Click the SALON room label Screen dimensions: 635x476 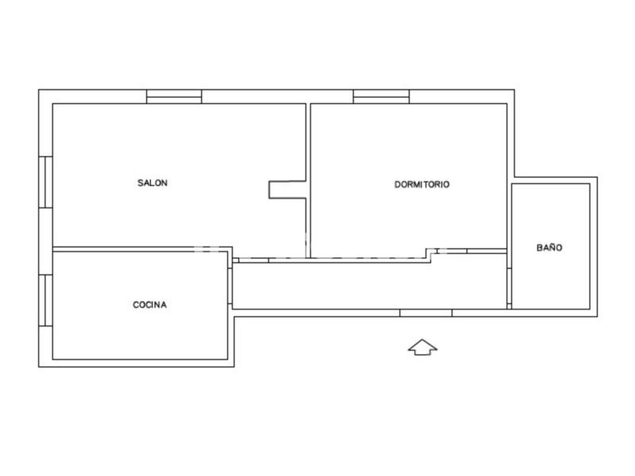(152, 183)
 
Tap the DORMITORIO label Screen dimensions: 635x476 (422, 185)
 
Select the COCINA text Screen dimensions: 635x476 (150, 305)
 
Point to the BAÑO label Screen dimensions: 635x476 (549, 248)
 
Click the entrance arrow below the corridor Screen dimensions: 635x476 (422, 347)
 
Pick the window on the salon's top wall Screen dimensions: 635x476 (174, 97)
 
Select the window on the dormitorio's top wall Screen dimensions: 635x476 (381, 97)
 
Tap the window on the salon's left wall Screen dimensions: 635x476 (46, 182)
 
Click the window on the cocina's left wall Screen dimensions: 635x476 (46, 301)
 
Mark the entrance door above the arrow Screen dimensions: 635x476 (426, 313)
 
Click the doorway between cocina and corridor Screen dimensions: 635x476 (229, 286)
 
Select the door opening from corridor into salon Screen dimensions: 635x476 (254, 260)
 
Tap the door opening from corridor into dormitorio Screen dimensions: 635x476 (452, 251)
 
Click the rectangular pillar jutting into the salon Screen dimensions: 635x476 (287, 190)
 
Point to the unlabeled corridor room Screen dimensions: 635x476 (369, 286)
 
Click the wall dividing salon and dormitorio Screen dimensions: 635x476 (308, 181)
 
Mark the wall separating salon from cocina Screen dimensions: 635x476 (140, 249)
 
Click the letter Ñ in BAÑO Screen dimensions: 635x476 (549, 247)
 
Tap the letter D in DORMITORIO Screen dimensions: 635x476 (398, 185)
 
